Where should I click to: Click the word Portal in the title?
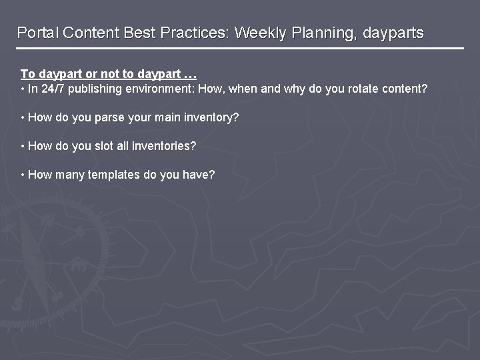coord(37,33)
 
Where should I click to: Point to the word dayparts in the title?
coord(393,33)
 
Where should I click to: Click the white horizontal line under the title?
coord(240,49)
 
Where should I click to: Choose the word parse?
coord(111,117)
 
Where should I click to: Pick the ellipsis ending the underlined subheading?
coord(189,74)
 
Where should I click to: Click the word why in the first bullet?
coord(295,89)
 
